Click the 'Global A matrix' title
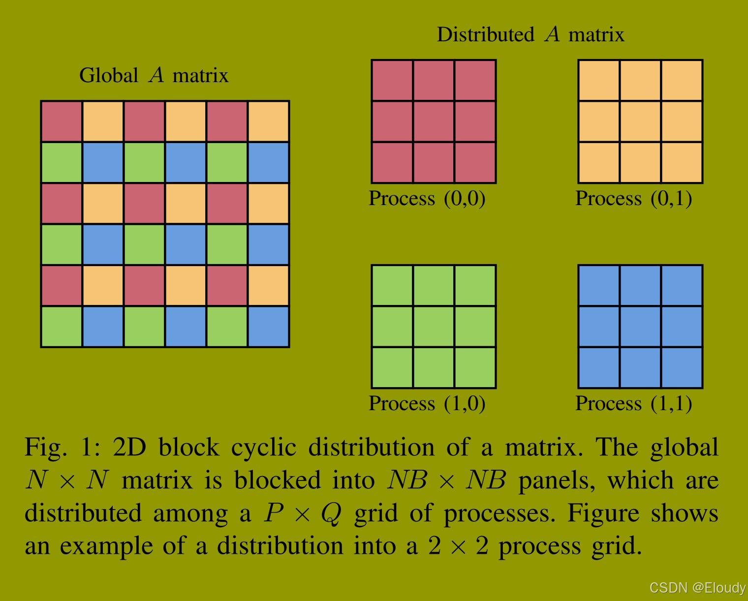[x=154, y=76]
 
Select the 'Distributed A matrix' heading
[x=530, y=35]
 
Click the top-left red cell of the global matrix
[x=62, y=121]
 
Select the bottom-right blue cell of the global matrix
[x=268, y=327]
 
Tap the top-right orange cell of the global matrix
[x=268, y=121]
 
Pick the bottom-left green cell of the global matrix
[x=62, y=327]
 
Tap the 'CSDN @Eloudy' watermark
[x=697, y=588]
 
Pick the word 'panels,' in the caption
[x=557, y=481]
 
